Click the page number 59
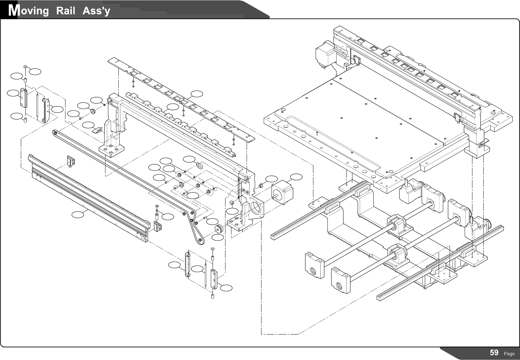click(494, 353)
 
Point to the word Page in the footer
click(509, 354)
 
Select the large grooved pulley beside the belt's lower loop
click(219, 229)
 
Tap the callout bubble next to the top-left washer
click(35, 70)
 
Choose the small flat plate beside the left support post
click(97, 130)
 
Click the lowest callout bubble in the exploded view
click(226, 288)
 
